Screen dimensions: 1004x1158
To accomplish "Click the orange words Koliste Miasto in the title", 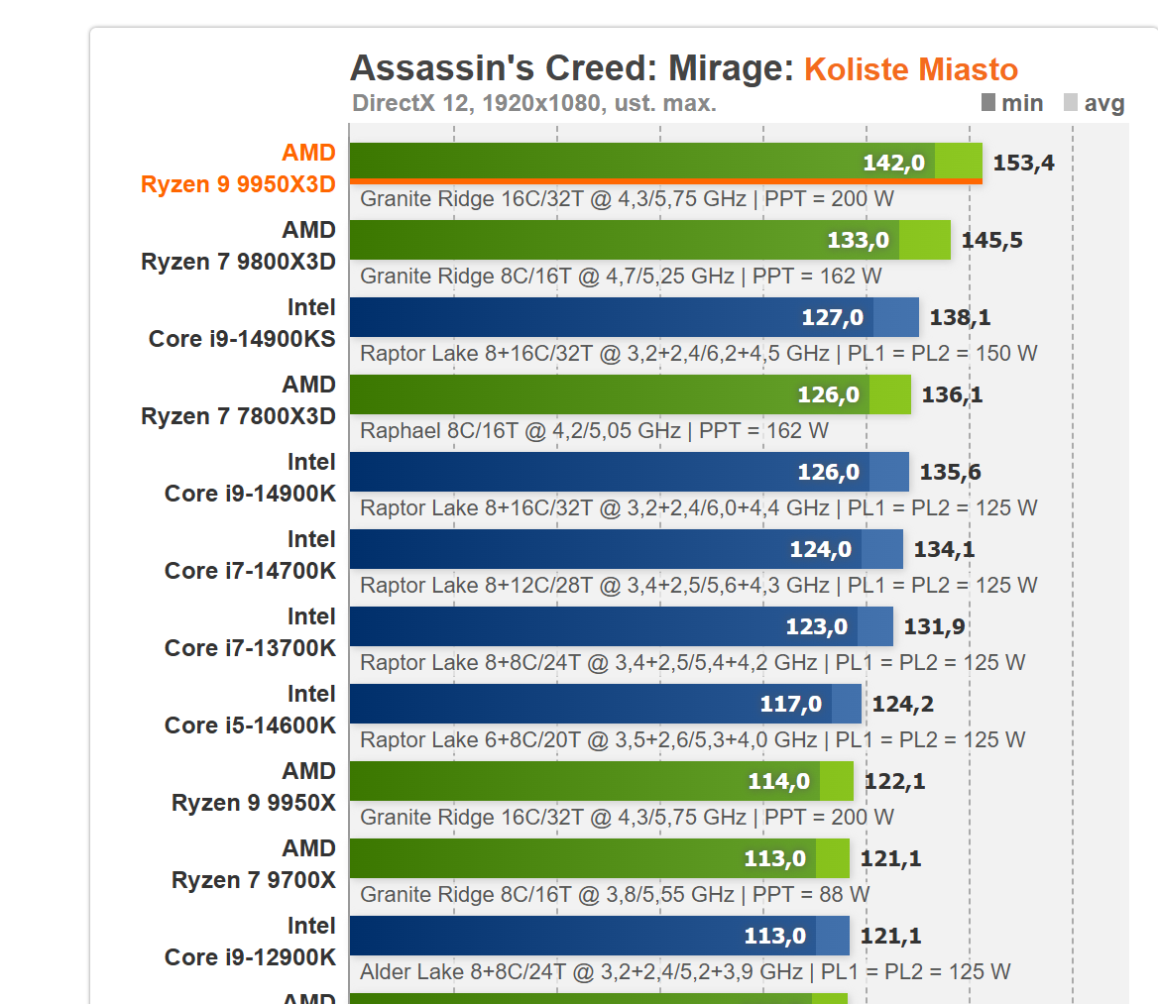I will [910, 69].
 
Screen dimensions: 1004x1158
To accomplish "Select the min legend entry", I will [1011, 103].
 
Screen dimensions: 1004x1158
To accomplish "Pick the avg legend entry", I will [1094, 103].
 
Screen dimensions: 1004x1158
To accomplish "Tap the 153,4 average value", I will [1023, 164].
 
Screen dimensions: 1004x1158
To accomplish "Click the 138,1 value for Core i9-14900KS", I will [960, 318].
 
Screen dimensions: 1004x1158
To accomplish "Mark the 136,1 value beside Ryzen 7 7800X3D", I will [952, 395].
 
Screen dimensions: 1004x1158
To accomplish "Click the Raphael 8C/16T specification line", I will [594, 431].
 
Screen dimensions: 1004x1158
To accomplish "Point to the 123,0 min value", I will [817, 627].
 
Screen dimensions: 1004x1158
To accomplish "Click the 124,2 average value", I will [902, 705].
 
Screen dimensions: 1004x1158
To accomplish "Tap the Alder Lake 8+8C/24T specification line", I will [685, 972].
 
